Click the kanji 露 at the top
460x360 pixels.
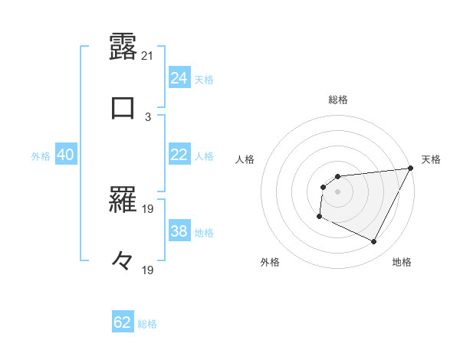[x=123, y=47]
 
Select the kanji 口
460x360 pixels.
[x=123, y=106]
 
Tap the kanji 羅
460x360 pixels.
[x=123, y=201]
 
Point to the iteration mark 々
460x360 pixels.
[x=123, y=261]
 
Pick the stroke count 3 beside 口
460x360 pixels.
[x=148, y=116]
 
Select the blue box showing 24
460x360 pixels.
[x=179, y=78]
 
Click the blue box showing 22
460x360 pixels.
[x=179, y=155]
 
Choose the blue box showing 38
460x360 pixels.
[x=179, y=231]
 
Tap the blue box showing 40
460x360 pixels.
[x=65, y=155]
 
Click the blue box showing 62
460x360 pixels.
[x=123, y=322]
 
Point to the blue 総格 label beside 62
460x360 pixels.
[x=147, y=324]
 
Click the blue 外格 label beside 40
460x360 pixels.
[x=41, y=156]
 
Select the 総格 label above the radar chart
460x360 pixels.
[x=338, y=100]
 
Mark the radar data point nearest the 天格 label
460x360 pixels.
[x=412, y=169]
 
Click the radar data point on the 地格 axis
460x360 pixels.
[x=374, y=242]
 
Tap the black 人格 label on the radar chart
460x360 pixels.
[x=245, y=159]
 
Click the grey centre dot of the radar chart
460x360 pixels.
[x=337, y=191]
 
